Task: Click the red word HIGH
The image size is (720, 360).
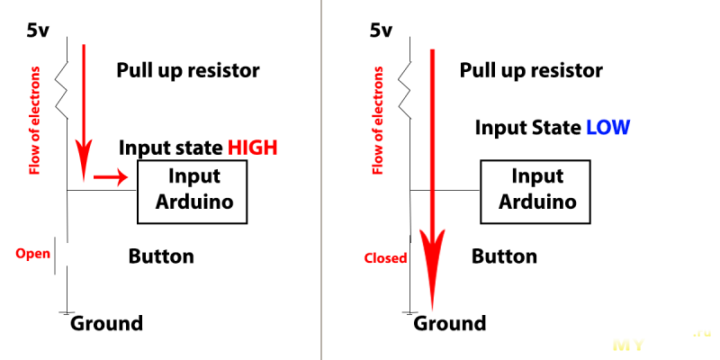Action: click(253, 148)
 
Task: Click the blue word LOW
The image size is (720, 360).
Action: click(607, 127)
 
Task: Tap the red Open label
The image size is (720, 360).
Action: click(32, 254)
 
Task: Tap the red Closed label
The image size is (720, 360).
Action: click(386, 258)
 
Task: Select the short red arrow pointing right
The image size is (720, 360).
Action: click(111, 176)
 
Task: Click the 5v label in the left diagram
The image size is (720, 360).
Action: click(38, 31)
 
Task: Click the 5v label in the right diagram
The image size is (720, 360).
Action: click(381, 31)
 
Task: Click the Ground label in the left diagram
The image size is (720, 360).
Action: click(106, 323)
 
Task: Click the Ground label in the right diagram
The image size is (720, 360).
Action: click(449, 323)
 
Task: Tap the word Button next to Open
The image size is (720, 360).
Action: click(161, 256)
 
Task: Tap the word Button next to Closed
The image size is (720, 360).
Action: click(504, 256)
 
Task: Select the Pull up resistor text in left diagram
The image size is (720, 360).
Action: click(188, 71)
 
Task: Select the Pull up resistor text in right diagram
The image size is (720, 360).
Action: click(531, 71)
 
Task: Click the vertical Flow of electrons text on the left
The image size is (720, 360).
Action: click(35, 121)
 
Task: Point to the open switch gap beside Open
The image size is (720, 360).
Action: click(61, 256)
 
